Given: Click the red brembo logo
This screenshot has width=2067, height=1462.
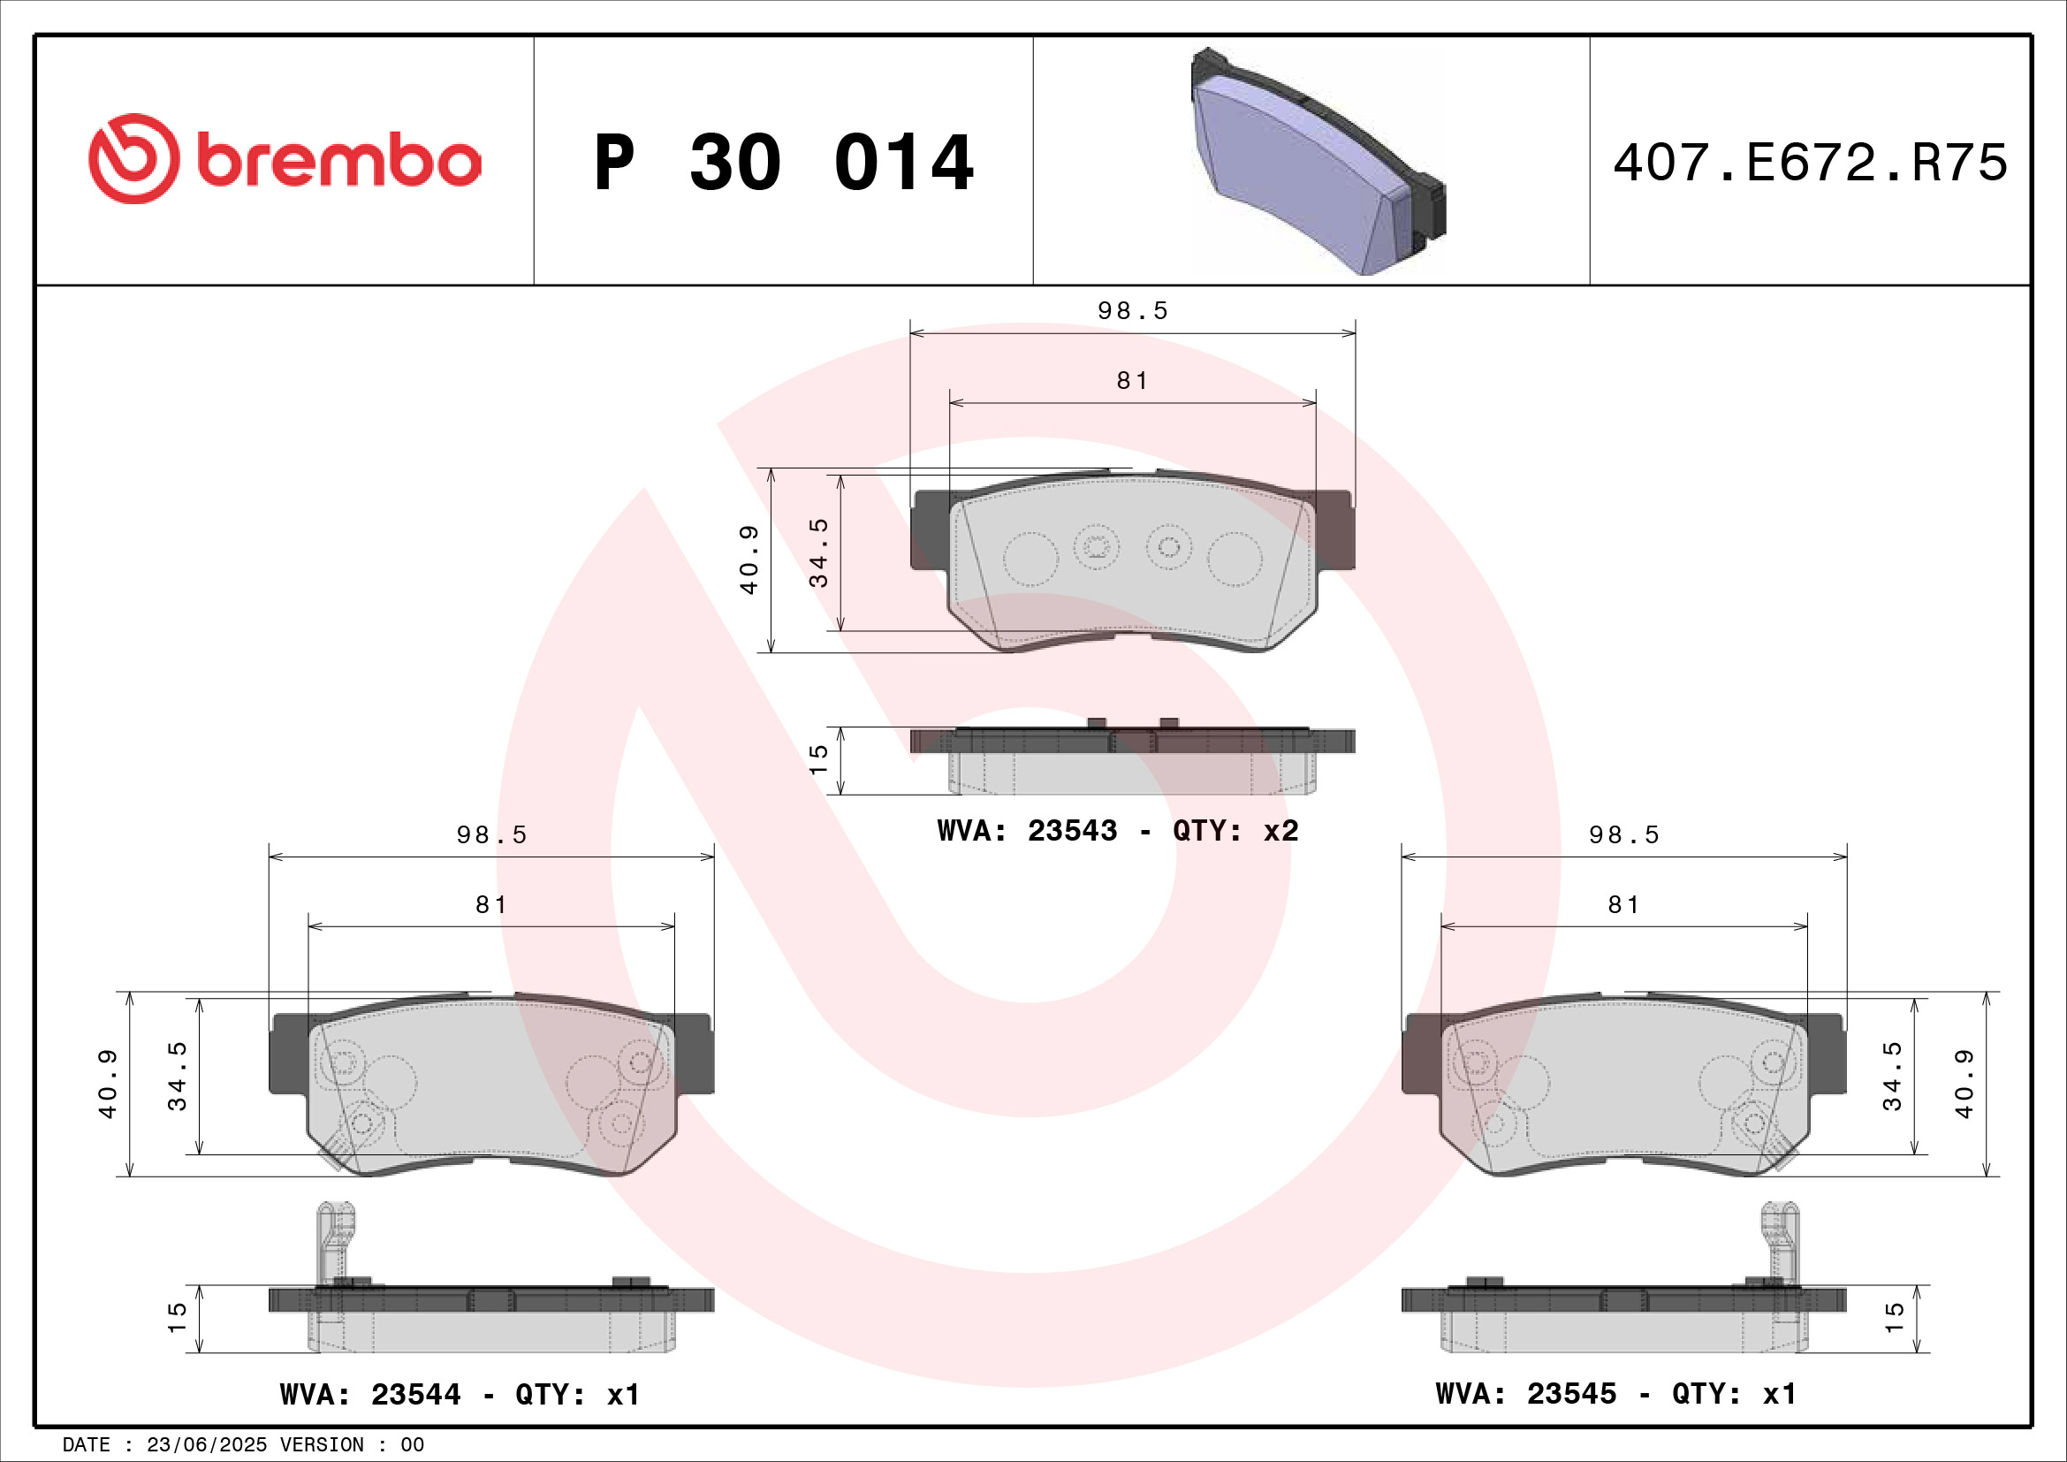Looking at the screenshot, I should [x=285, y=159].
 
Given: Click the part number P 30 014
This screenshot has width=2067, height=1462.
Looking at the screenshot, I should [x=783, y=163].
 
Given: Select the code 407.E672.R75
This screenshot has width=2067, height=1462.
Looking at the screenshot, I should [x=1810, y=163].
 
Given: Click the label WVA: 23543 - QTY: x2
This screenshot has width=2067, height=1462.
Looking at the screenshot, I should [x=1117, y=830].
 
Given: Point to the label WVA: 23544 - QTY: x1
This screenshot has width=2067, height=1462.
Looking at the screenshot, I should [x=460, y=1395].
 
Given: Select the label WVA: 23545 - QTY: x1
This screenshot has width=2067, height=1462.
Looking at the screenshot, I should [x=1616, y=1394].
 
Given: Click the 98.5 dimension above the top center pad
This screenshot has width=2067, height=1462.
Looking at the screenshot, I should [x=1133, y=310].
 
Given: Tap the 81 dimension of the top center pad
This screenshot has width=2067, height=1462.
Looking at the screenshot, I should [x=1133, y=381].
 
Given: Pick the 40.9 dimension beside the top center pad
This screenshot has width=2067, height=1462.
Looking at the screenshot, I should [x=749, y=559].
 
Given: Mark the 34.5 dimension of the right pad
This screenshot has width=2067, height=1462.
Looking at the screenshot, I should [x=1892, y=1076].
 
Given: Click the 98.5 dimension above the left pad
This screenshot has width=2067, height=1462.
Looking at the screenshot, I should [x=491, y=834].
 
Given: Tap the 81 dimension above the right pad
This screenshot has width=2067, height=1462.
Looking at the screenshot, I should [x=1624, y=905].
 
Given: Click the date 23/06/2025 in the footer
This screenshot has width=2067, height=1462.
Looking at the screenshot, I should [x=206, y=1445].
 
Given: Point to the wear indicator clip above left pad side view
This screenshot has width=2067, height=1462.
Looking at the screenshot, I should [x=336, y=1238].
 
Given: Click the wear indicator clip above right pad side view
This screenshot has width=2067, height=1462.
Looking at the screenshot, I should [x=1780, y=1238].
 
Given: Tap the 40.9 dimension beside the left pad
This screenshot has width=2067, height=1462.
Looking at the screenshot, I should [x=108, y=1083].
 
